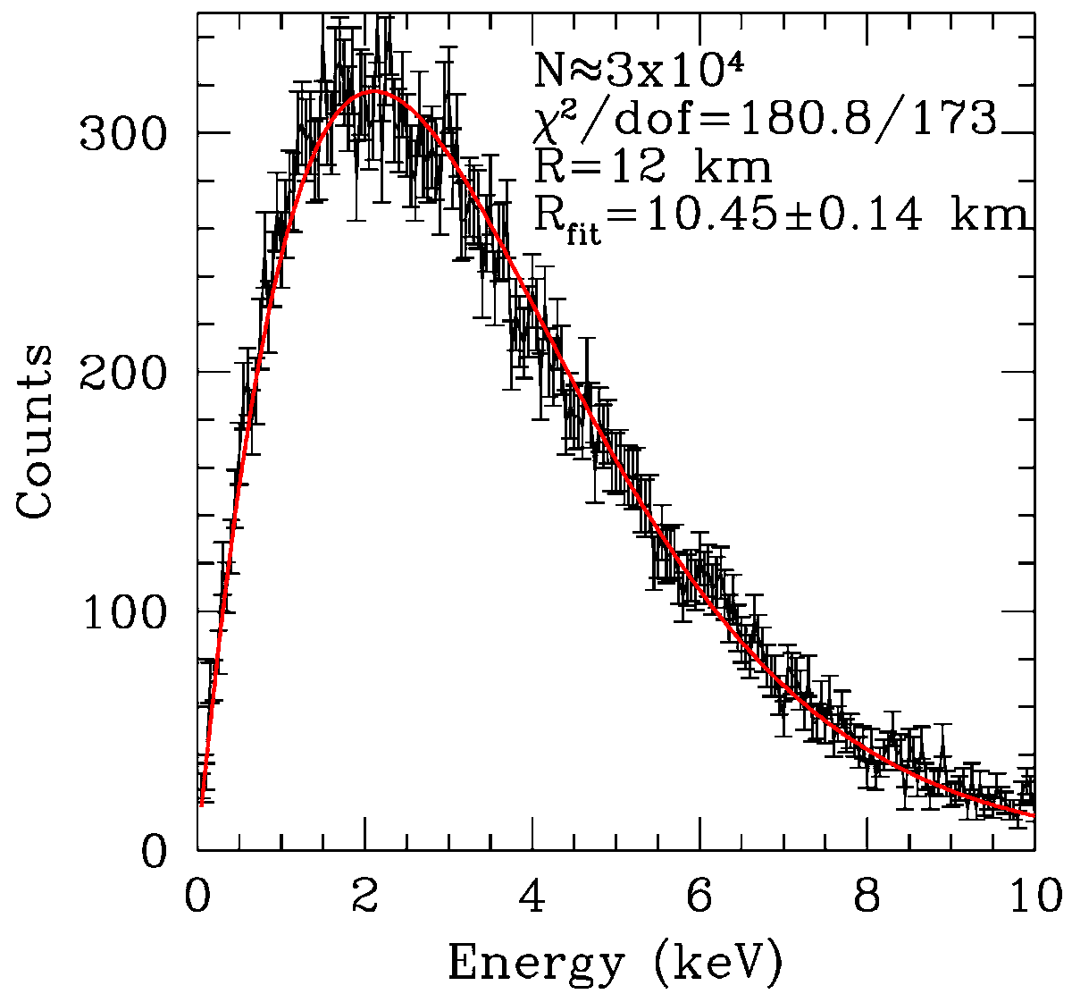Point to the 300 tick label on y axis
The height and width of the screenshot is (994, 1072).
[122, 133]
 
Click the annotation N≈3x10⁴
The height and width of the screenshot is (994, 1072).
[639, 70]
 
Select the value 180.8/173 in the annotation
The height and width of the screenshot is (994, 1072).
[869, 120]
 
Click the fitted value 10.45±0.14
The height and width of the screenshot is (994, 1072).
[783, 215]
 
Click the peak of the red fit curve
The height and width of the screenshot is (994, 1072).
[373, 91]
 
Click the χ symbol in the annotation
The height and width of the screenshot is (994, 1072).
[545, 123]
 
